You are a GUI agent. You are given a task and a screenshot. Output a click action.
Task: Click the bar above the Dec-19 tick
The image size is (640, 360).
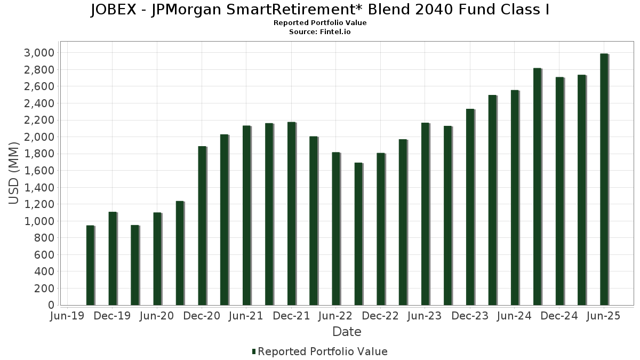tap(113, 259)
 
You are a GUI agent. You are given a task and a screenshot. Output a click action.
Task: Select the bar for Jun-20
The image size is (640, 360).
tap(157, 259)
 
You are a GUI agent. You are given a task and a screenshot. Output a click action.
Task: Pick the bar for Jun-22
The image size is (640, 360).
tap(336, 229)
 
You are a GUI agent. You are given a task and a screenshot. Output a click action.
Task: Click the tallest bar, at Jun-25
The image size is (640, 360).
tap(604, 179)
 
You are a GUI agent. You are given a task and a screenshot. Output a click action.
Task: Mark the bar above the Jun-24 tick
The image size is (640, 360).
tap(515, 198)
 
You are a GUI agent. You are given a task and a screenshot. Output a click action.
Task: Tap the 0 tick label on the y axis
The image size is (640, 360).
tap(51, 305)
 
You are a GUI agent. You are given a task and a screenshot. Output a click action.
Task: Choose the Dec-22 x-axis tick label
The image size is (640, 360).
tap(381, 316)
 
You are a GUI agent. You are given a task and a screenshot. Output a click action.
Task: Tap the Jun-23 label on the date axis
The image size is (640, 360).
tap(426, 316)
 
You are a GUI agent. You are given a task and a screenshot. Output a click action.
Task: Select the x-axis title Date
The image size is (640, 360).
tap(347, 332)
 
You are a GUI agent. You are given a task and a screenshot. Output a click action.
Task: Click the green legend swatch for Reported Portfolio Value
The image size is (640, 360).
tap(254, 351)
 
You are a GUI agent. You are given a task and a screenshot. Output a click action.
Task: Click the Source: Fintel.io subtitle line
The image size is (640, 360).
tap(320, 32)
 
